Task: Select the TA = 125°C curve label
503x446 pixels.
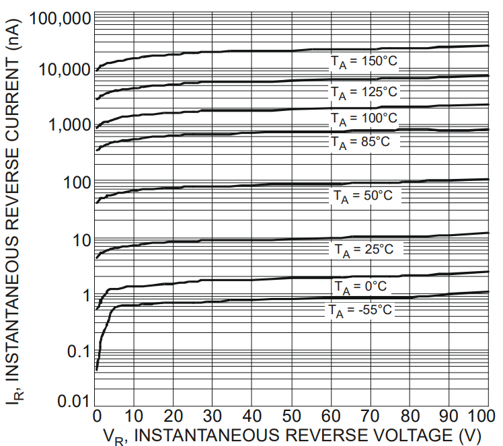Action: click(364, 91)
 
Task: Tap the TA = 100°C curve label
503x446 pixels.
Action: click(364, 119)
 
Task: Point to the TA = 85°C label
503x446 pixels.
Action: click(360, 142)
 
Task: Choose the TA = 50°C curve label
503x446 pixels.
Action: click(363, 196)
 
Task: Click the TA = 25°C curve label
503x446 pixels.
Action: click(364, 250)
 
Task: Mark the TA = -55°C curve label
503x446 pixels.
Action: click(360, 311)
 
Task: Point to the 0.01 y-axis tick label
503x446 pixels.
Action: click(73, 402)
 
